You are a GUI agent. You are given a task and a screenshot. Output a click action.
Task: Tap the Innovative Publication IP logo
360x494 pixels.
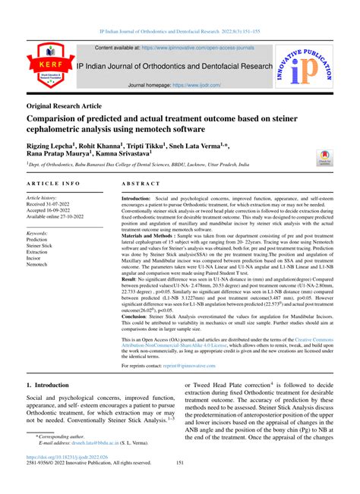tap(311, 67)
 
